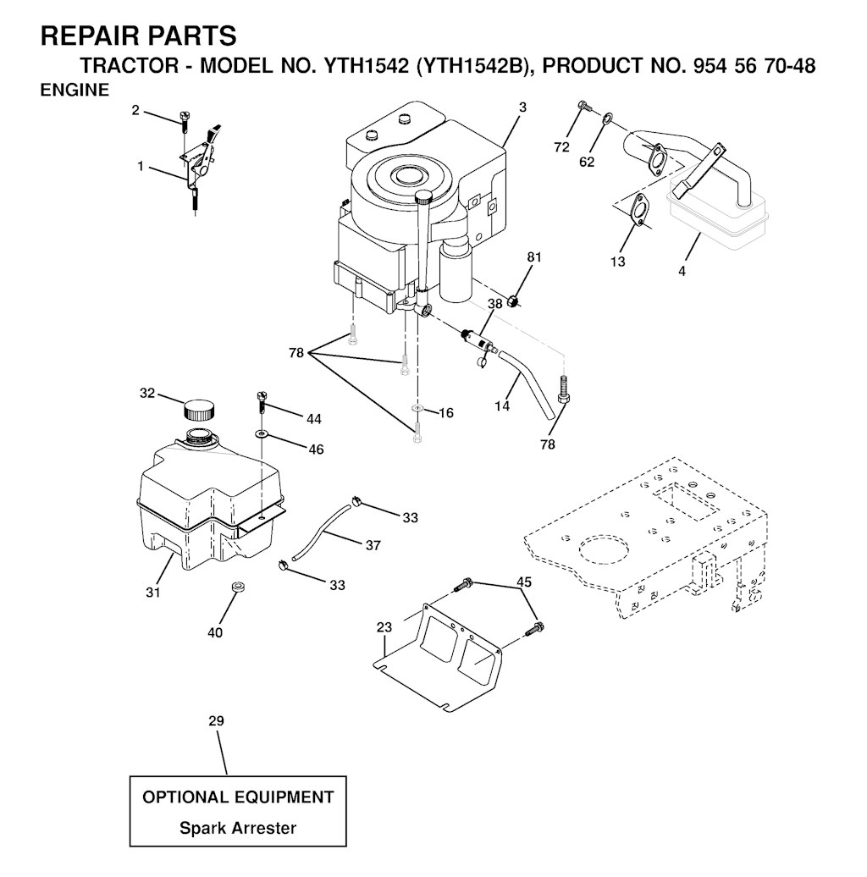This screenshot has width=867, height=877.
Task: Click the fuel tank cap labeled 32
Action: (x=199, y=410)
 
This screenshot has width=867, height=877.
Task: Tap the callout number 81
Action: (x=534, y=256)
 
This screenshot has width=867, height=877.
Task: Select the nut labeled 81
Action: (x=513, y=302)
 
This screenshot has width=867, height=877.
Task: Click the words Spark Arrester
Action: (x=238, y=828)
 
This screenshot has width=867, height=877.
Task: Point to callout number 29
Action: (x=216, y=721)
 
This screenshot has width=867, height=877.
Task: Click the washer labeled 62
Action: (x=607, y=118)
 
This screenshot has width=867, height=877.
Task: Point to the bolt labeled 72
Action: (x=584, y=105)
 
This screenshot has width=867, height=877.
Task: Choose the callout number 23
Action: (x=384, y=627)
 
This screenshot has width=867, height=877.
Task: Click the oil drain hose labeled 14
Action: (x=527, y=384)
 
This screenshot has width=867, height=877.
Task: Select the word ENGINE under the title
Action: (x=75, y=90)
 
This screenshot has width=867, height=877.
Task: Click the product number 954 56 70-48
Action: (x=754, y=66)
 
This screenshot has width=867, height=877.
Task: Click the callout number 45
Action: (x=524, y=582)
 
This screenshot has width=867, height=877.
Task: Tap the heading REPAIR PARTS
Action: (x=139, y=36)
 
